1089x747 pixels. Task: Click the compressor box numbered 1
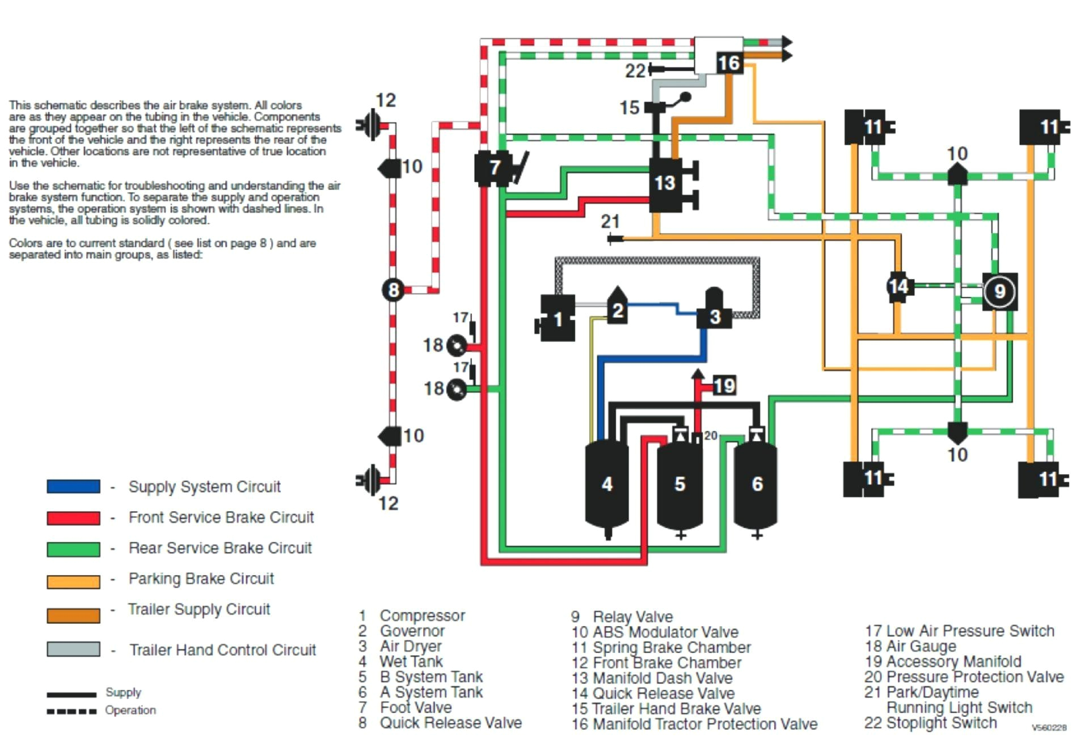(557, 319)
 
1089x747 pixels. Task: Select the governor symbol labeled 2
(617, 309)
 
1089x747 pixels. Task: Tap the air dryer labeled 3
(714, 315)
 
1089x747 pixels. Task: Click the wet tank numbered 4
(606, 483)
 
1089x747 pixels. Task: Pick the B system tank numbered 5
(679, 483)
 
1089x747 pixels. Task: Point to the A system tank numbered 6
(756, 483)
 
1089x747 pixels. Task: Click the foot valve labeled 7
(493, 167)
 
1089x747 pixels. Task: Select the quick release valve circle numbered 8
(393, 290)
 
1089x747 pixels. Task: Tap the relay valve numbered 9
(999, 292)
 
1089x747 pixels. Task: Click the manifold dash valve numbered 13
(665, 183)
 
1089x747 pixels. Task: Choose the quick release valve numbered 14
(898, 286)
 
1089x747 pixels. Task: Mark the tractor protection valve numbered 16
(728, 62)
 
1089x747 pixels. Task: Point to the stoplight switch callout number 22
(635, 71)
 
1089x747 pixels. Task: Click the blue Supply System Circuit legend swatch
(73, 486)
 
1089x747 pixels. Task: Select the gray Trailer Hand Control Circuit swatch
(73, 649)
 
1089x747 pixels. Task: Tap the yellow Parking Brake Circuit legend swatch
(73, 581)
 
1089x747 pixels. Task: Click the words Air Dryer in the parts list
(410, 646)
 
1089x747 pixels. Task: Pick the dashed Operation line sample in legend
(71, 711)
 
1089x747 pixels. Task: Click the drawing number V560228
(1049, 728)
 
